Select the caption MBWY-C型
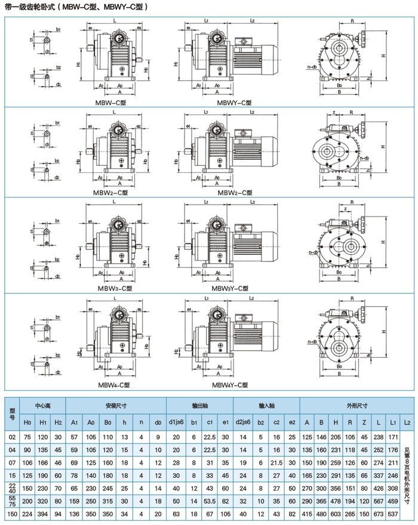click(x=233, y=102)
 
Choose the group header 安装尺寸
click(x=115, y=406)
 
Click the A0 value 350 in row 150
click(x=91, y=514)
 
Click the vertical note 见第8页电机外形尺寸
click(x=408, y=475)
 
